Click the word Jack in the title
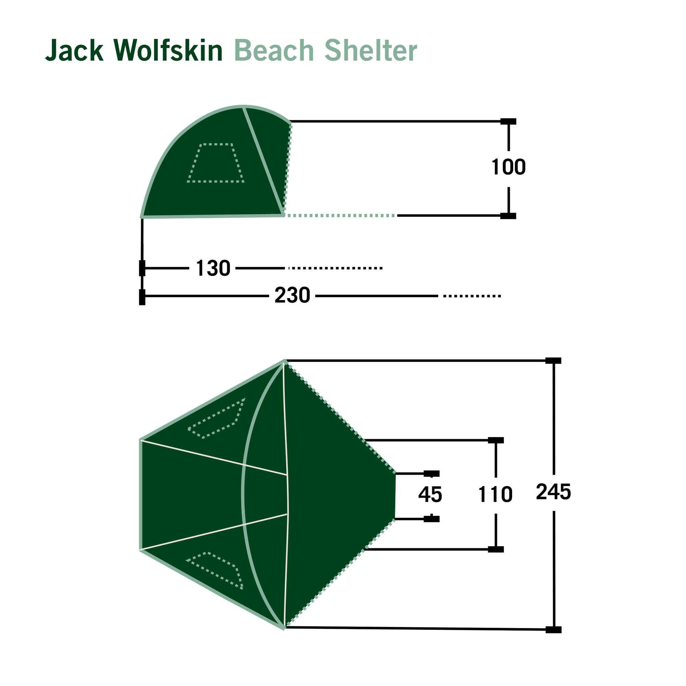pos(74,50)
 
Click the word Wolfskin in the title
pos(168,50)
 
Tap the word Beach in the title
pos(274,50)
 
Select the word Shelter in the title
pos(371,50)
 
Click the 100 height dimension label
pos(508,167)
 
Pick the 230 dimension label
pos(292,295)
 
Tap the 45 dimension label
pos(430,495)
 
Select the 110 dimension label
pos(495,495)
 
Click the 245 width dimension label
pos(553,492)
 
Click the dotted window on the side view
pos(215,163)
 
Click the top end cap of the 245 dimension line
pos(553,361)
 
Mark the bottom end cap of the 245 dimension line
pos(553,630)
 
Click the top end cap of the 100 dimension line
pos(508,121)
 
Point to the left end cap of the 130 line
pos(142,268)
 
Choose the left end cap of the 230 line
pos(142,297)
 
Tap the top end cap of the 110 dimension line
pos(496,440)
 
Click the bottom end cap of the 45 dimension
pos(431,519)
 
